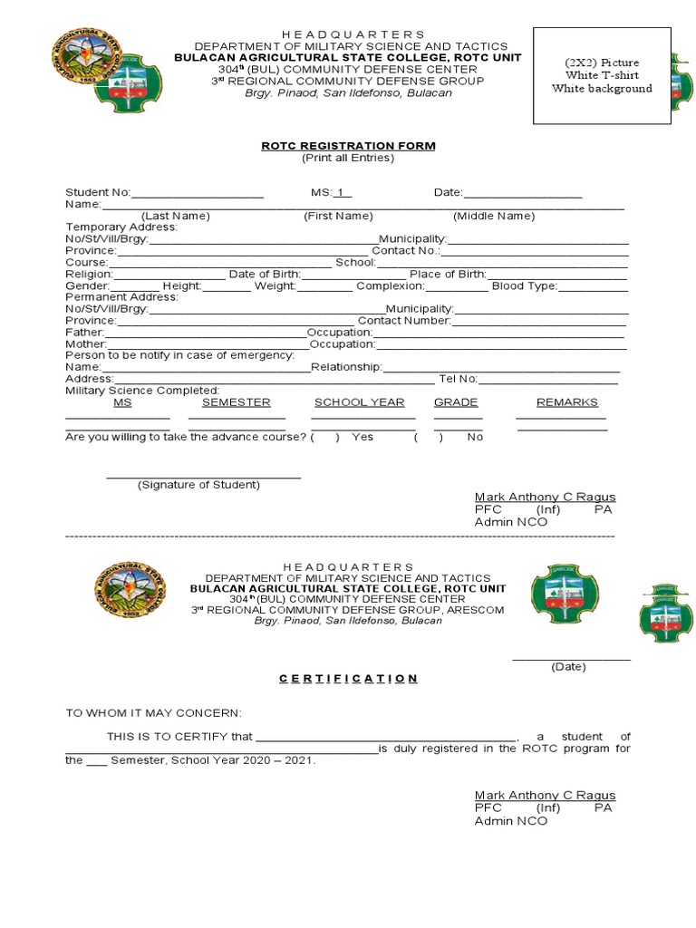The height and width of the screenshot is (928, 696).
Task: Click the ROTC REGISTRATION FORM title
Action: coord(348,146)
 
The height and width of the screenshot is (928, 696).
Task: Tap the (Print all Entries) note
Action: coord(348,158)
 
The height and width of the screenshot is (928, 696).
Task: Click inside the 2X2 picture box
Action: coord(602,76)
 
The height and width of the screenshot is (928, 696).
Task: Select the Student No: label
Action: coord(98,193)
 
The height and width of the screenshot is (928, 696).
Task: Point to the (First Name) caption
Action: coord(338,216)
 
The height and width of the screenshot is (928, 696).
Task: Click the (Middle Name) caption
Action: coord(494,216)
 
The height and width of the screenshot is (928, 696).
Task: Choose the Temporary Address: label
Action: coord(121,227)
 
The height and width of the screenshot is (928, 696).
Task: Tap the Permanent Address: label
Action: coord(121,297)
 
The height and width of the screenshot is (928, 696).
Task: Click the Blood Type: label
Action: coord(524,286)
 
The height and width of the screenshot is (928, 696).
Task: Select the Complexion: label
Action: coord(390,286)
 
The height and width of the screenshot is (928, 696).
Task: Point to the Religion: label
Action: coord(89,275)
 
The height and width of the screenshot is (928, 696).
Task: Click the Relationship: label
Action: coord(347,367)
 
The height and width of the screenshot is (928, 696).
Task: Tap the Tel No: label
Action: coord(459,379)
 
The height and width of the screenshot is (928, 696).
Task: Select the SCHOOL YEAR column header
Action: coord(359,402)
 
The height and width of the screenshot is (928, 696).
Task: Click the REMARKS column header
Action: coord(566,402)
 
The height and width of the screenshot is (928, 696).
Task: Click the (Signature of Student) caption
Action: coord(198,485)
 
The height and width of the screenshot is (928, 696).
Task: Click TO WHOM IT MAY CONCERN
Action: coord(153,714)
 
